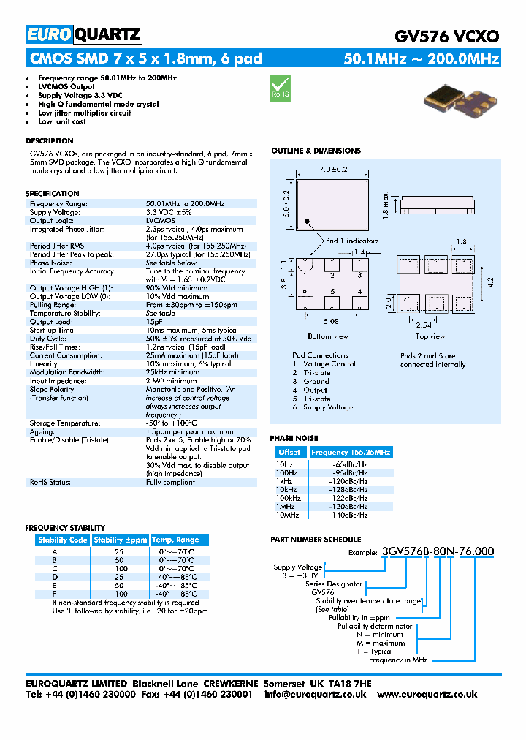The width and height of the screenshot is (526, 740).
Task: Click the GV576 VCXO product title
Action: click(446, 36)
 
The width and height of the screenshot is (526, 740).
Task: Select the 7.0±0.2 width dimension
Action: click(333, 169)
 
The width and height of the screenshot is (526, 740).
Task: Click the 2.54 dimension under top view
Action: click(423, 326)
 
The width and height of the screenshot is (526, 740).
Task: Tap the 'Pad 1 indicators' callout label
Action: click(352, 241)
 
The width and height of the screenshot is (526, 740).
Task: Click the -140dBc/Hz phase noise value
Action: click(350, 516)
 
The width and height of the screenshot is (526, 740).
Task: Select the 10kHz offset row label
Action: click(285, 490)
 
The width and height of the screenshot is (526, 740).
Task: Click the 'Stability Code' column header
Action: click(63, 540)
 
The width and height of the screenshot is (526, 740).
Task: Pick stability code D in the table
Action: click(54, 577)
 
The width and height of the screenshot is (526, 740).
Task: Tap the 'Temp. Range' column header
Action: click(175, 540)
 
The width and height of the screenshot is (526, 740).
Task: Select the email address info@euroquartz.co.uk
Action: click(315, 695)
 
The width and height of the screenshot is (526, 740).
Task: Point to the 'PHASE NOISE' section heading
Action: click(294, 438)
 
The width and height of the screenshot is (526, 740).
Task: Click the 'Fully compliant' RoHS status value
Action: click(170, 482)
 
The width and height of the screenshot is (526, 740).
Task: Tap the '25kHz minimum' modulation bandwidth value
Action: click(172, 372)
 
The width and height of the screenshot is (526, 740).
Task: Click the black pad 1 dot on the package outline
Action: click(308, 222)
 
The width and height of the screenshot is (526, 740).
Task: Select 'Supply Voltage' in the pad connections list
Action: click(328, 407)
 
